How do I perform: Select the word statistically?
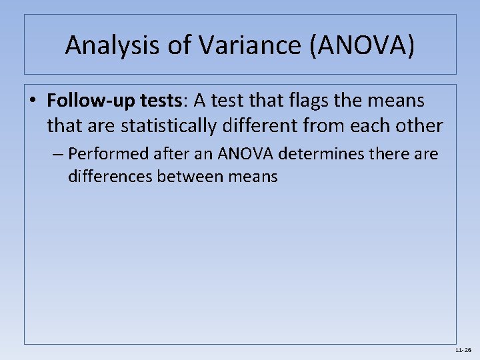pyautogui.click(x=171, y=125)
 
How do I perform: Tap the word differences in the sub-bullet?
pyautogui.click(x=111, y=176)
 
